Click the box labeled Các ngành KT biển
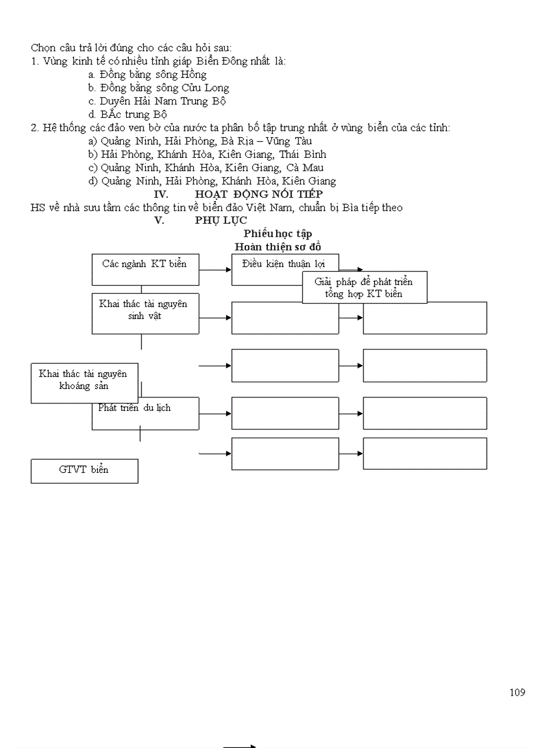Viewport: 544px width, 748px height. pyautogui.click(x=145, y=269)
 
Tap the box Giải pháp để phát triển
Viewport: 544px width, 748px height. pyautogui.click(x=364, y=288)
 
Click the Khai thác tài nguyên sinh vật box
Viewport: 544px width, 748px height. pyautogui.click(x=145, y=312)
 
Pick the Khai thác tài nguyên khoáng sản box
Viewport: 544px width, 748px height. pyautogui.click(x=83, y=382)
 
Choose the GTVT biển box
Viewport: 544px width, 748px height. pyautogui.click(x=84, y=470)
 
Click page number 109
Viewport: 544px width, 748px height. pyautogui.click(x=517, y=692)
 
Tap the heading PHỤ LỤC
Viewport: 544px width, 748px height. pyautogui.click(x=221, y=220)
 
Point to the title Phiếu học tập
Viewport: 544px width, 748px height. pyautogui.click(x=277, y=234)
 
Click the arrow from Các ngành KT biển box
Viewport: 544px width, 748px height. pyautogui.click(x=215, y=270)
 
